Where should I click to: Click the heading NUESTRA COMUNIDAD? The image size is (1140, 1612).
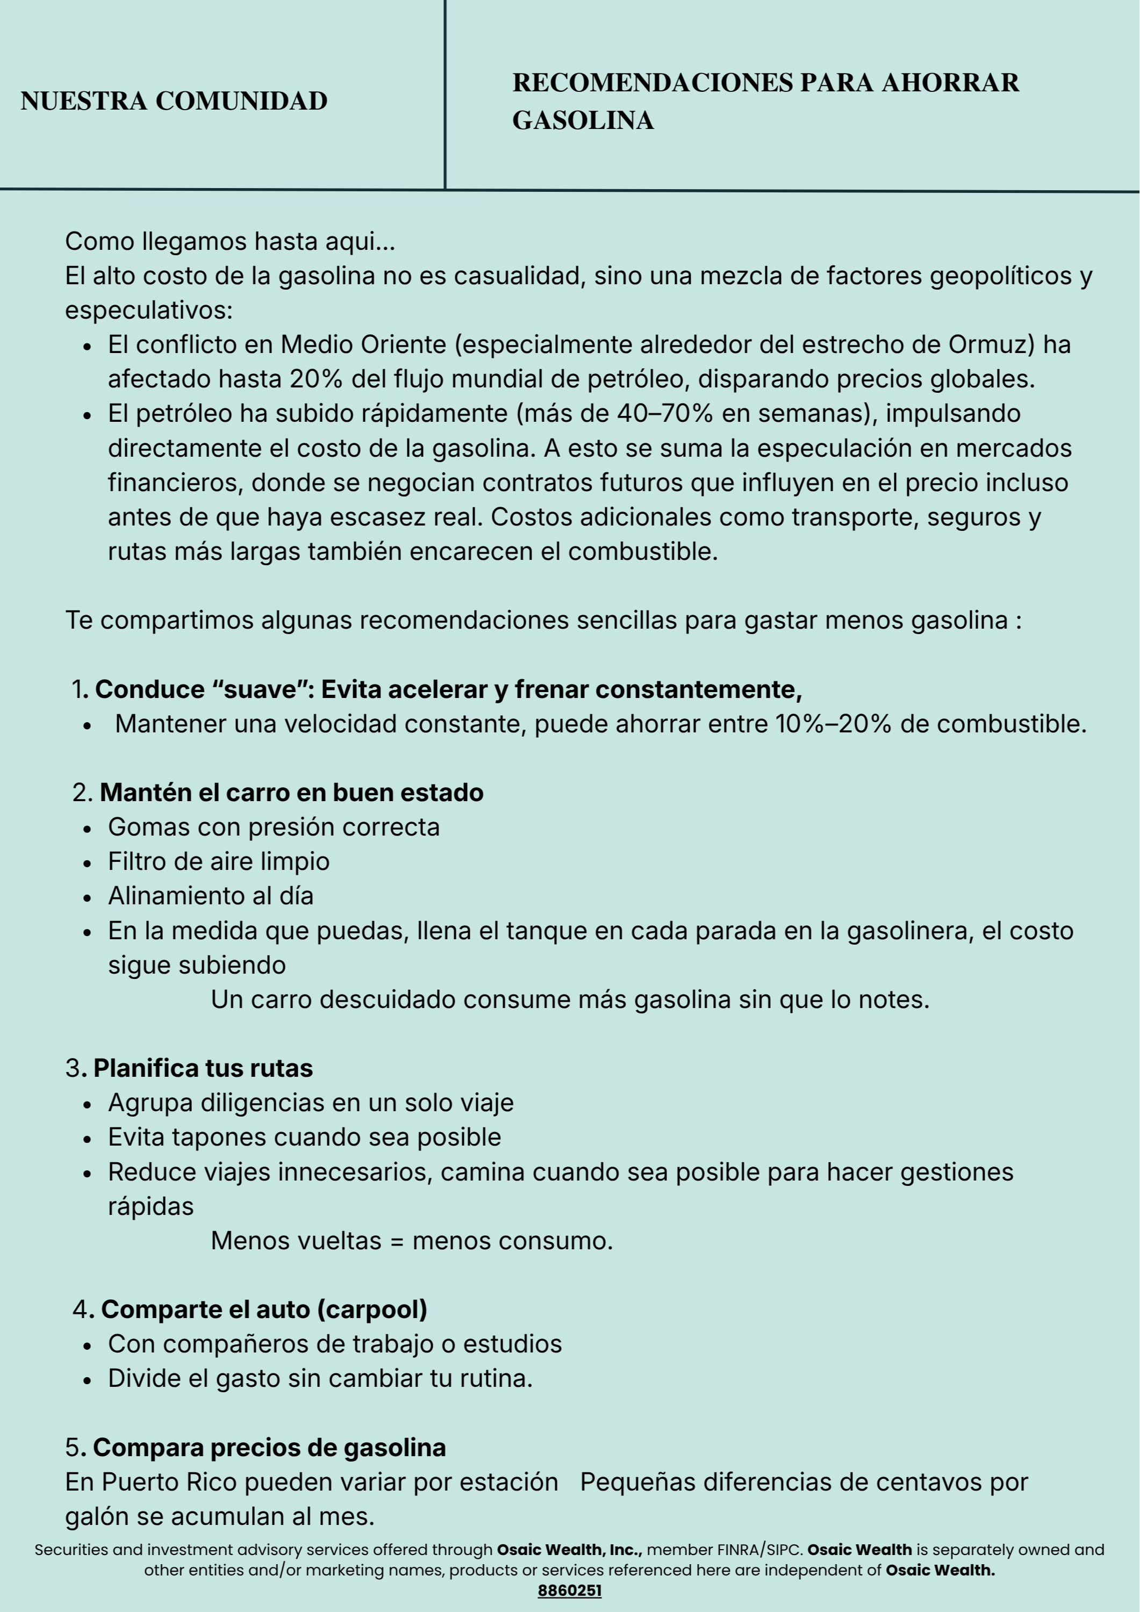tap(174, 101)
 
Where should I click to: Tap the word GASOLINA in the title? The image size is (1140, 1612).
tap(583, 121)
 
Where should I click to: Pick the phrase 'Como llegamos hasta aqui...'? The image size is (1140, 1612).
tap(231, 241)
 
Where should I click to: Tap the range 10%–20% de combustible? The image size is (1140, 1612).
tap(833, 724)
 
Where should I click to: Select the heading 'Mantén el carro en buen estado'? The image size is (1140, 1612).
tap(291, 793)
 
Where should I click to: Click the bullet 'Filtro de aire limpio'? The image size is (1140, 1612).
tap(218, 861)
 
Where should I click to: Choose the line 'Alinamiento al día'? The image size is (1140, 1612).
tap(211, 896)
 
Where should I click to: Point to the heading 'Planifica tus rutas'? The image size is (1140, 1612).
tap(203, 1068)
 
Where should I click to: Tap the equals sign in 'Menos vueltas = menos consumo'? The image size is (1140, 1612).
tap(397, 1241)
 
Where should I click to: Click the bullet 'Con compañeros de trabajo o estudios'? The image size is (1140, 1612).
tap(335, 1344)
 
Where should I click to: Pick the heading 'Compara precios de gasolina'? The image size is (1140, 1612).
tap(269, 1448)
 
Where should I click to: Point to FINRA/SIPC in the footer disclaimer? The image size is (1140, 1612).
tap(759, 1550)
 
